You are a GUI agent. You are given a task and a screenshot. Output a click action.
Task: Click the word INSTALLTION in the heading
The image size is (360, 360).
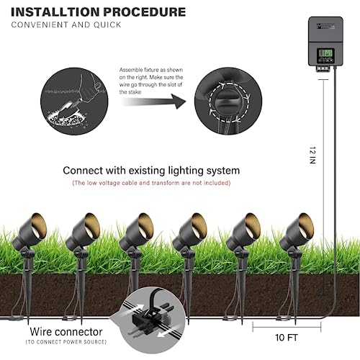[x=55, y=12]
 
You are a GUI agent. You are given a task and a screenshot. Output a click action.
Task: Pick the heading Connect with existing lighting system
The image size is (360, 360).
[x=151, y=171]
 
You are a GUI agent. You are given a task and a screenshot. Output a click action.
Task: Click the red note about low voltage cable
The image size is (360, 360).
[x=151, y=184]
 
